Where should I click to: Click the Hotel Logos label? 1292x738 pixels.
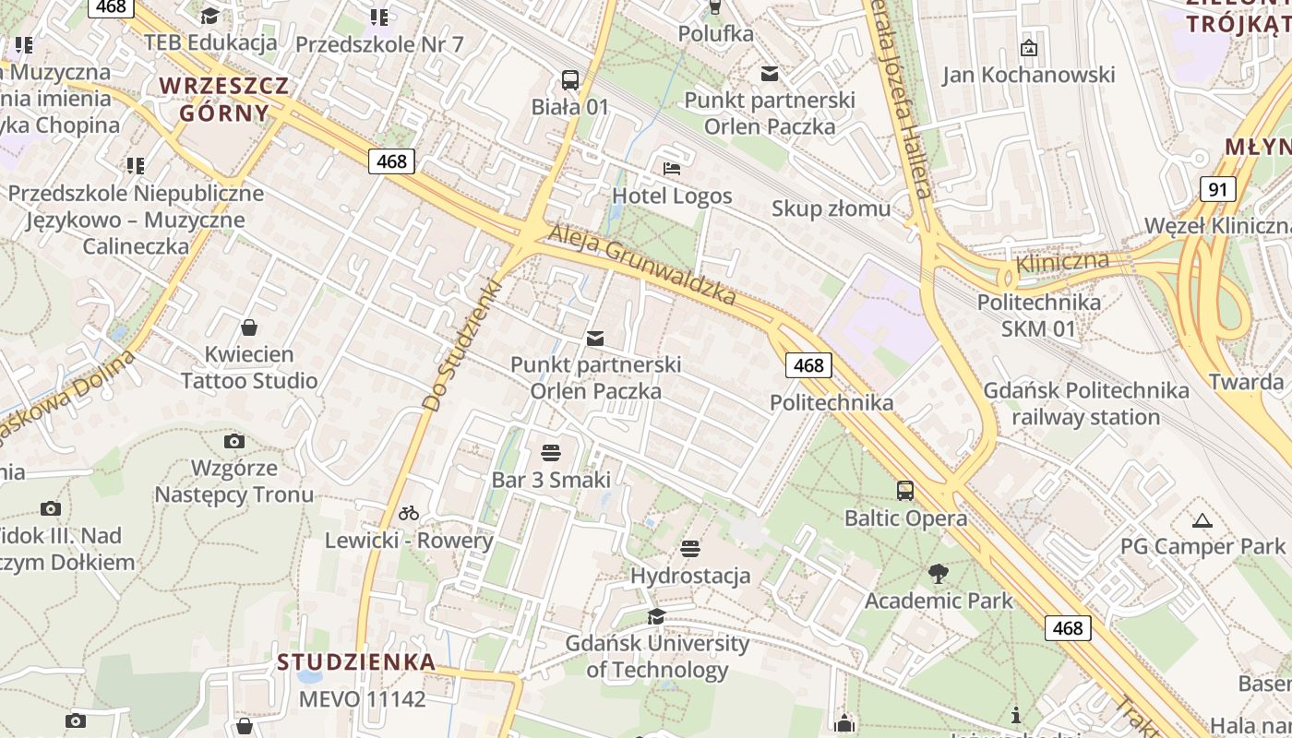[672, 196]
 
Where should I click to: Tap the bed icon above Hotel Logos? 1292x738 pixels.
[672, 169]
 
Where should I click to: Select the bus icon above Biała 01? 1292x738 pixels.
[570, 80]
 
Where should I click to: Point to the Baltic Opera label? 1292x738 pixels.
[905, 518]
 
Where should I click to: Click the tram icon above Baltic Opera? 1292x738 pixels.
[905, 491]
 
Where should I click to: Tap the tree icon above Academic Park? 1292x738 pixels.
[939, 574]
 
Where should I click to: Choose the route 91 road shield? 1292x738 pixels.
[1218, 190]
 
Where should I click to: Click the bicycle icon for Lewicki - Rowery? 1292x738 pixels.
[409, 513]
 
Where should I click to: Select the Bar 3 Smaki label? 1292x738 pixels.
[551, 479]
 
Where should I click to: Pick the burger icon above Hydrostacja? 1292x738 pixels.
[690, 550]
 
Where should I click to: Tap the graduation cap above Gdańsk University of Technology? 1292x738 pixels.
[656, 616]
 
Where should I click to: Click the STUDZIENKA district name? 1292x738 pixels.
[356, 661]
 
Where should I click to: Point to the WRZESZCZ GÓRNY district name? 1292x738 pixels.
[224, 100]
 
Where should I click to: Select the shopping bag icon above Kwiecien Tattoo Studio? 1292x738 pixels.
[249, 327]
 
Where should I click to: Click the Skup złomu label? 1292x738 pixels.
[831, 208]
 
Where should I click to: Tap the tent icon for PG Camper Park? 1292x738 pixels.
[1202, 521]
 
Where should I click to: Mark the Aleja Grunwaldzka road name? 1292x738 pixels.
[642, 266]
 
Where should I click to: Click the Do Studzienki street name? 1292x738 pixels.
[461, 346]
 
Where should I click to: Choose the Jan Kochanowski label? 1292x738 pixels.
[1028, 75]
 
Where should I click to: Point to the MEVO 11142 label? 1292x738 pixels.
[362, 698]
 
